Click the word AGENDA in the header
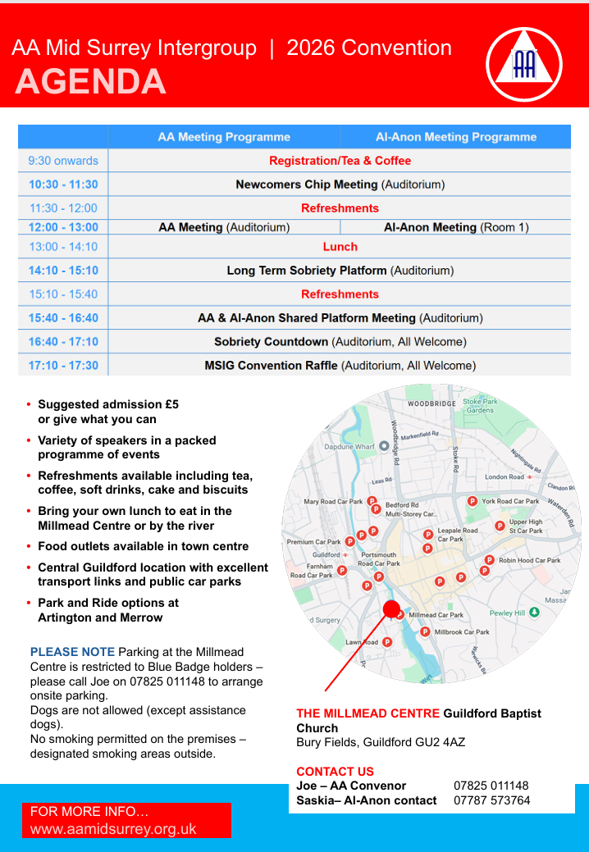[90, 82]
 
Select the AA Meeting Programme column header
[224, 137]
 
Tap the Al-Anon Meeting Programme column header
[456, 137]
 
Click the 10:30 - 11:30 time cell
[63, 185]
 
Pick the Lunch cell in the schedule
[340, 246]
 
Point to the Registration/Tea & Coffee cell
[340, 161]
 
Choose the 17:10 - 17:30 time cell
[63, 365]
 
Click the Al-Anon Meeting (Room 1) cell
[456, 227]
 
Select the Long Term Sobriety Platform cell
[340, 270]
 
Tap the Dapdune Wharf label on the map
[350, 446]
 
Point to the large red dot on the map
[392, 608]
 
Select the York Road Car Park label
[510, 501]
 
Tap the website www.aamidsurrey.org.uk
[113, 828]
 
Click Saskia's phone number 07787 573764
[491, 800]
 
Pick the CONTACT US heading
[335, 772]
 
